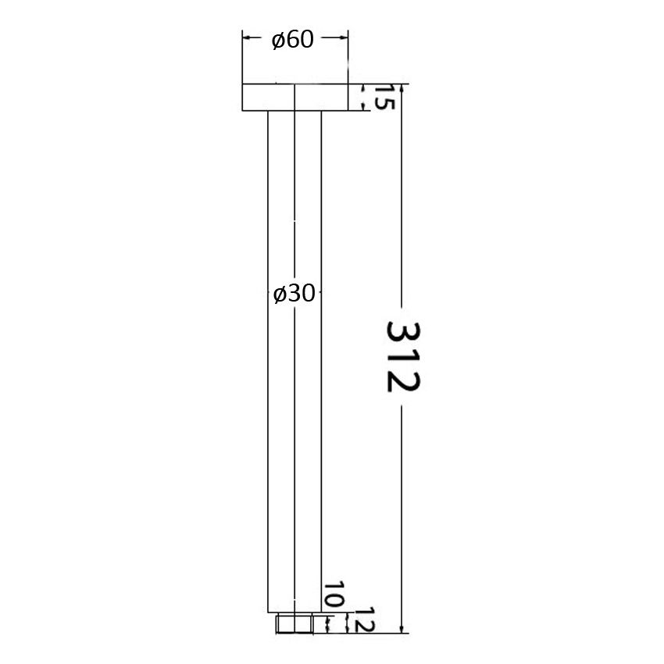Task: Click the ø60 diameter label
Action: [293, 40]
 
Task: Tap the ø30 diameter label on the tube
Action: [295, 294]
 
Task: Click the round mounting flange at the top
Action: [295, 97]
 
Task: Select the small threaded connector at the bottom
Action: [295, 623]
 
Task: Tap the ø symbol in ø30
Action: [280, 295]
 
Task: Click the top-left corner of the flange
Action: [242, 84]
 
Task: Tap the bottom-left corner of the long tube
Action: [268, 613]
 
